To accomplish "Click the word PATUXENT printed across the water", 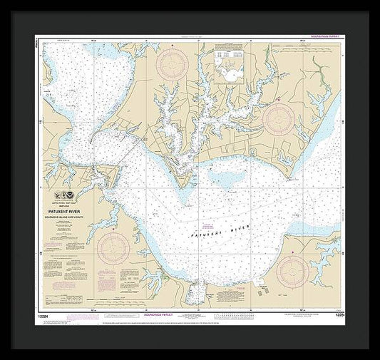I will pyautogui.click(x=205, y=233).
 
